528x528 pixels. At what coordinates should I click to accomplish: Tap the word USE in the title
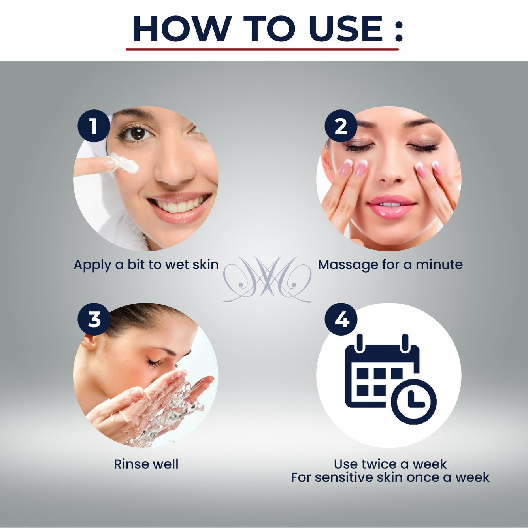[x=345, y=28]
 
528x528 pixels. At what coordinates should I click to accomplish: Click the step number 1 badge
[x=94, y=126]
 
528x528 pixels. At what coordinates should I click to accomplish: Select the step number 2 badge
[x=341, y=126]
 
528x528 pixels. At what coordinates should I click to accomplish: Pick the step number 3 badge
[x=94, y=319]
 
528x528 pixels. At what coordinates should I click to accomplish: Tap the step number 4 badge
[x=341, y=319]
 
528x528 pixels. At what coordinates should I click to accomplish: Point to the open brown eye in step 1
[x=136, y=134]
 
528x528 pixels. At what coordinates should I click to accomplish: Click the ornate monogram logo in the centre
[x=268, y=279]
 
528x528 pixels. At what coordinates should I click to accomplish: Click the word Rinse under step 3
[x=131, y=464]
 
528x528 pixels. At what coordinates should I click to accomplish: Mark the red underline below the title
[x=262, y=49]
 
